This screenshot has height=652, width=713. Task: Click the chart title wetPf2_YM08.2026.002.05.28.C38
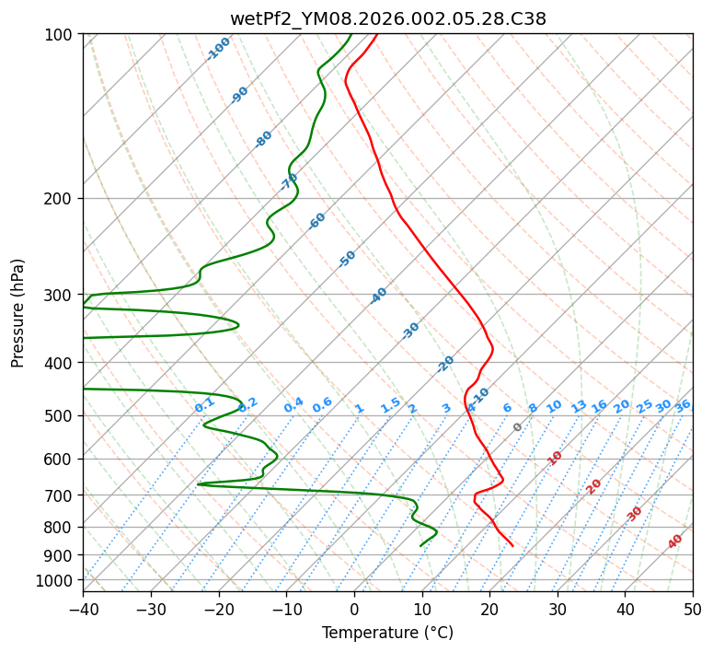[x=387, y=18]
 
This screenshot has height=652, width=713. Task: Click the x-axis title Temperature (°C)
[x=387, y=633]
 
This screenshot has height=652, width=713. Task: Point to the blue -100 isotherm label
[x=218, y=49]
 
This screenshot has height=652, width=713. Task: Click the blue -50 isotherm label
[x=347, y=259]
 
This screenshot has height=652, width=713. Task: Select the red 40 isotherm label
[x=676, y=541]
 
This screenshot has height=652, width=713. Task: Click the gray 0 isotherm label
[x=518, y=427]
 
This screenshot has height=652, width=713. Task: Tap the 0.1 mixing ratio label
[x=204, y=405]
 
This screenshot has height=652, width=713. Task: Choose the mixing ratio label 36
[x=683, y=405]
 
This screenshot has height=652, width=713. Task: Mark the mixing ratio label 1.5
[x=390, y=405]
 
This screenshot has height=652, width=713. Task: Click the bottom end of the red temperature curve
[x=512, y=546]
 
